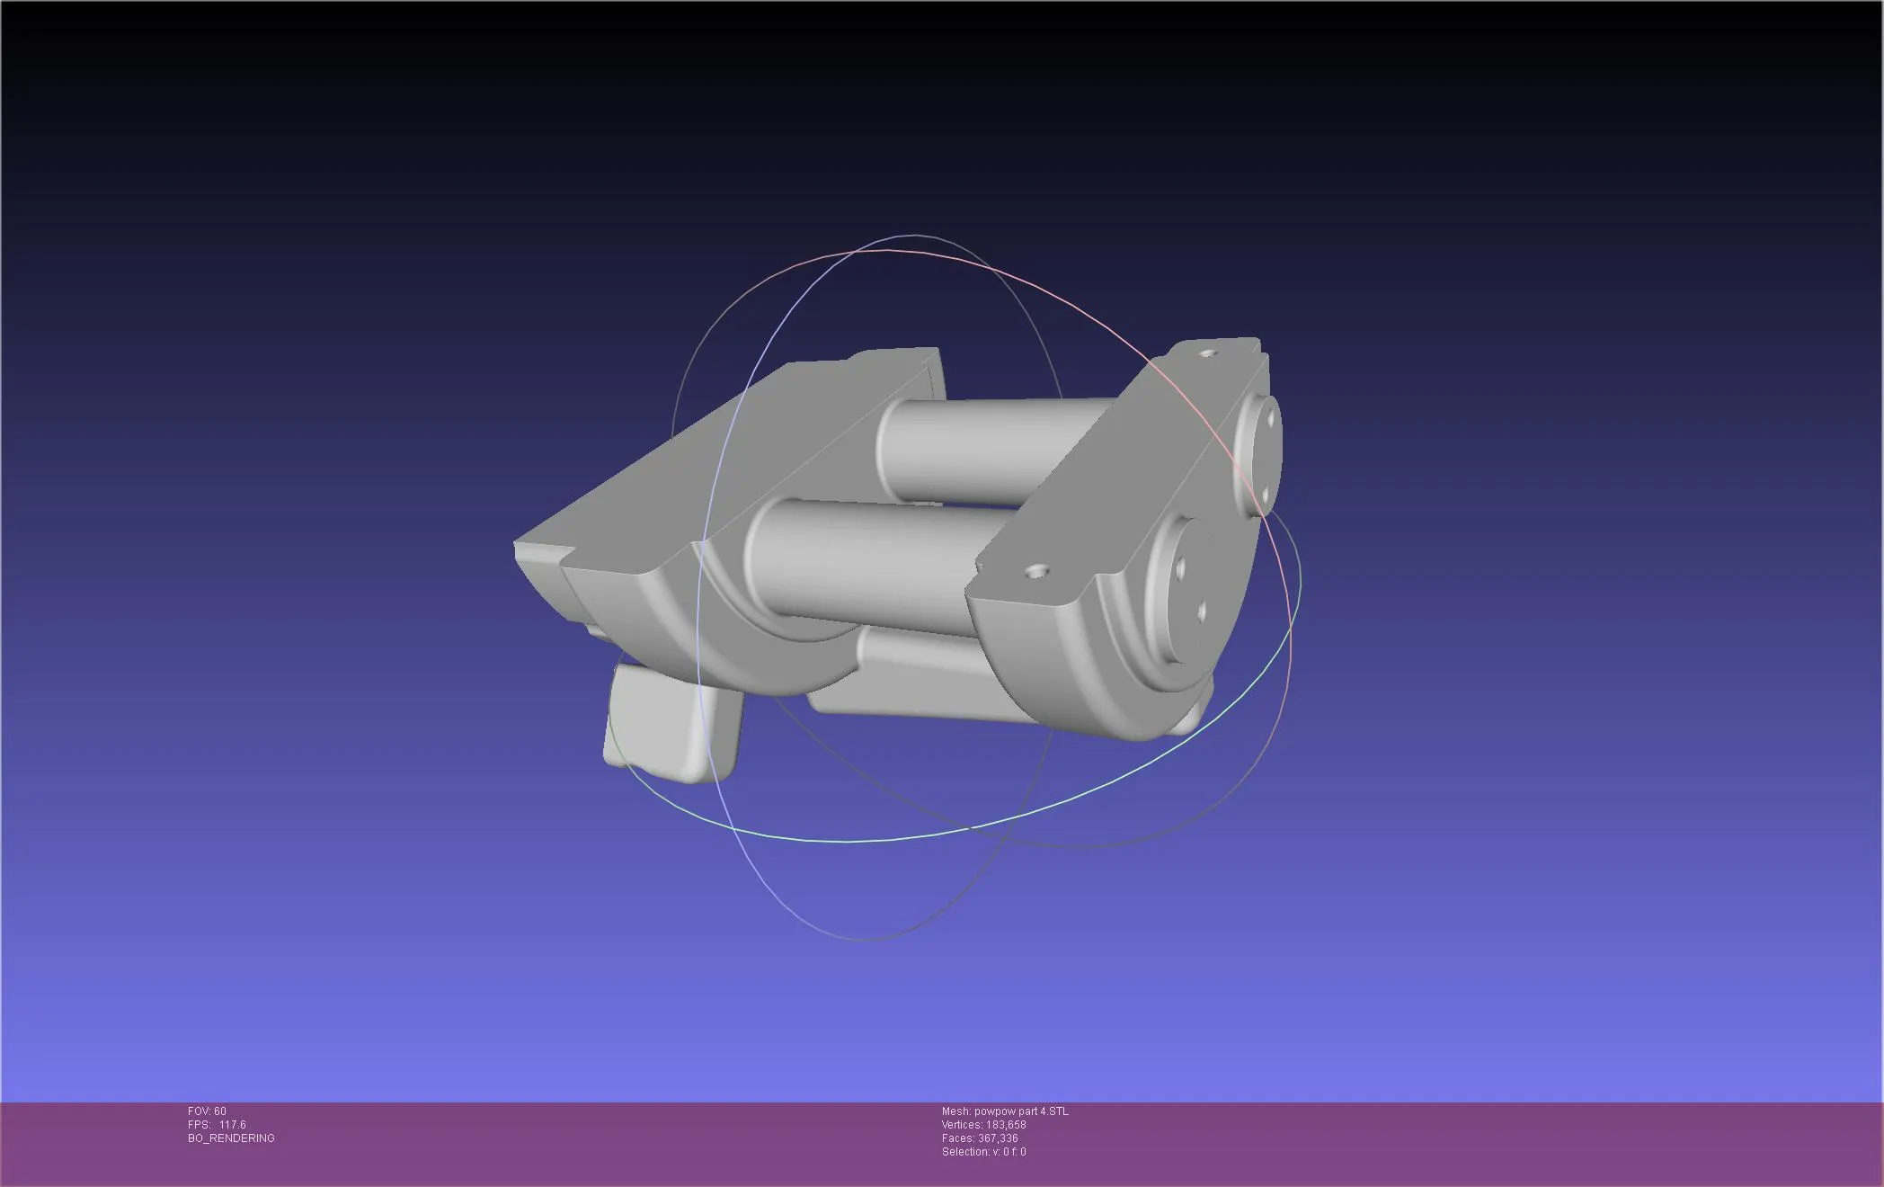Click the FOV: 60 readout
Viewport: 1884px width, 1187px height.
click(x=207, y=1111)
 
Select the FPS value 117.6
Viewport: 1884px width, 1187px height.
click(x=232, y=1125)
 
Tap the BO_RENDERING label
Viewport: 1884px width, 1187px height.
click(x=231, y=1138)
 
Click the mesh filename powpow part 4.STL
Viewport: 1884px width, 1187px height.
click(x=1021, y=1111)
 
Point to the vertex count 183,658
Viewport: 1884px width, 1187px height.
click(x=1004, y=1125)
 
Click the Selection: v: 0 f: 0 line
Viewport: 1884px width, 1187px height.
click(x=983, y=1152)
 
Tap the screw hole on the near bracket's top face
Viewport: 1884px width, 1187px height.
click(x=1038, y=570)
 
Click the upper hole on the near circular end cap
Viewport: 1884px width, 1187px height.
click(x=1181, y=566)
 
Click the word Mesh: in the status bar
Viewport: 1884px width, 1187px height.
click(x=955, y=1111)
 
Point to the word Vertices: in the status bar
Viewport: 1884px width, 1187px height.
click(x=961, y=1125)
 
